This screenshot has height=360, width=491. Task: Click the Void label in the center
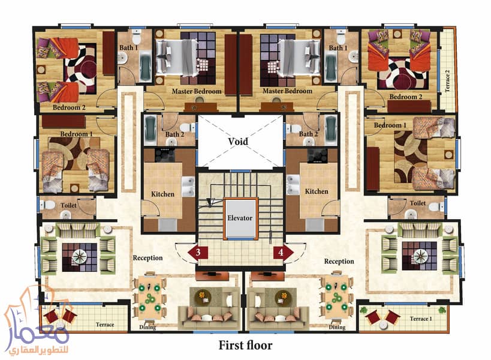[x=239, y=142]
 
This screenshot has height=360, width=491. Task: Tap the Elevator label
[x=240, y=218]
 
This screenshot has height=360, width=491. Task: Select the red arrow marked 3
[x=198, y=252]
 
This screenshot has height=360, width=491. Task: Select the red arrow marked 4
[x=281, y=252]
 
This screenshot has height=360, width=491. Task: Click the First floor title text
[x=245, y=345]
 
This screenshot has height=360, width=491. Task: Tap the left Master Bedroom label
[x=197, y=91]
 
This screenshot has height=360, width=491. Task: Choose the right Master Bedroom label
[x=287, y=91]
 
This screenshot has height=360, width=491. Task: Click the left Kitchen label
[x=162, y=194]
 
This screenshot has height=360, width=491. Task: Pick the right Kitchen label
[x=317, y=191]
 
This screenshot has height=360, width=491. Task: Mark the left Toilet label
[x=68, y=205]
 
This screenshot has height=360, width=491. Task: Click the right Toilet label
[x=418, y=203]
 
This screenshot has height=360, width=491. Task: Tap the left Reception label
[x=147, y=258]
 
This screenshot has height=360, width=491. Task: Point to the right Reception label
[x=339, y=262]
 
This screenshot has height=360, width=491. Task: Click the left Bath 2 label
[x=174, y=134]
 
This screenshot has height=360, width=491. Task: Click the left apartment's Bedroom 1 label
[x=75, y=134]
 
